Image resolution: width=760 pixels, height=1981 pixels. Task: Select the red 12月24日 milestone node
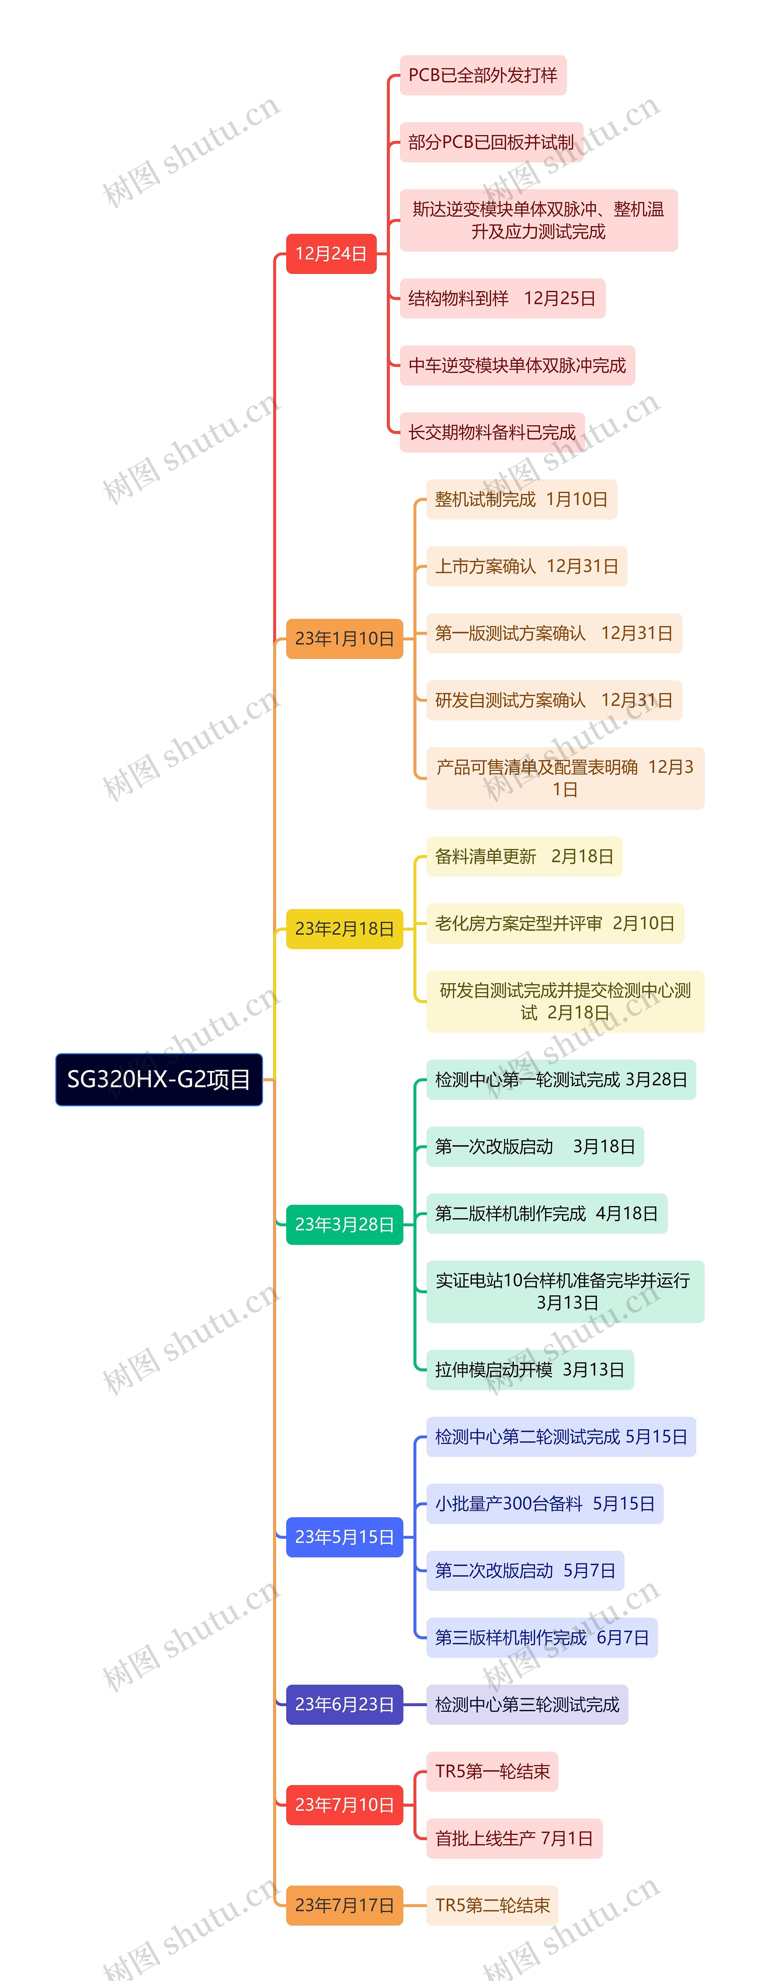point(331,254)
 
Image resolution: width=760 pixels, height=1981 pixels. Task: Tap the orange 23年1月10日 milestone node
point(344,638)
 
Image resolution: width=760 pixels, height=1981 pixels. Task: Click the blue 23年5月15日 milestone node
point(344,1536)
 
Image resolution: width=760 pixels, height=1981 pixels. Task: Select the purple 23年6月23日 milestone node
point(344,1704)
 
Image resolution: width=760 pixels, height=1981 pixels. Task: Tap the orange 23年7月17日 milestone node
point(344,1905)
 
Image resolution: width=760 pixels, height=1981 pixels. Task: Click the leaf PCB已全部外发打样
point(482,75)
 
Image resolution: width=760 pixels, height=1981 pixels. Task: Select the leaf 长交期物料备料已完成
point(492,432)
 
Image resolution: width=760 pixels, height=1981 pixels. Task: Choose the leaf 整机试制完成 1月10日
point(521,499)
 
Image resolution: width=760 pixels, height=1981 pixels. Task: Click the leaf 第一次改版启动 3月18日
point(535,1147)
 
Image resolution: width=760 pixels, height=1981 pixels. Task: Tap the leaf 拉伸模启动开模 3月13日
point(529,1370)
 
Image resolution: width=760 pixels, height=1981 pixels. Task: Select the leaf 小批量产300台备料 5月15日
point(544,1503)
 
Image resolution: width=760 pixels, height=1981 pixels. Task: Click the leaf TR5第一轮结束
point(492,1771)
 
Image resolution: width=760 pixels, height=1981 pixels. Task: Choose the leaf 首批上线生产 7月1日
point(514,1838)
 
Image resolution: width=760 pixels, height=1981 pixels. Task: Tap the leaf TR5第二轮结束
point(492,1905)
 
